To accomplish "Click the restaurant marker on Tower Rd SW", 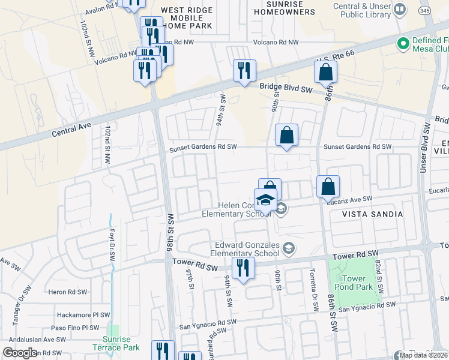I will pyautogui.click(x=243, y=268).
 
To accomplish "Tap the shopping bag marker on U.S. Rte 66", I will pyautogui.click(x=325, y=72).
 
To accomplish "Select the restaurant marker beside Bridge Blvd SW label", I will pyautogui.click(x=244, y=71).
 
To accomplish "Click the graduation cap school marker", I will pyautogui.click(x=266, y=200).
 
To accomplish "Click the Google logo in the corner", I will pyautogui.click(x=20, y=353).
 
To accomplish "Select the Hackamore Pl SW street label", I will pyautogui.click(x=83, y=314).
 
